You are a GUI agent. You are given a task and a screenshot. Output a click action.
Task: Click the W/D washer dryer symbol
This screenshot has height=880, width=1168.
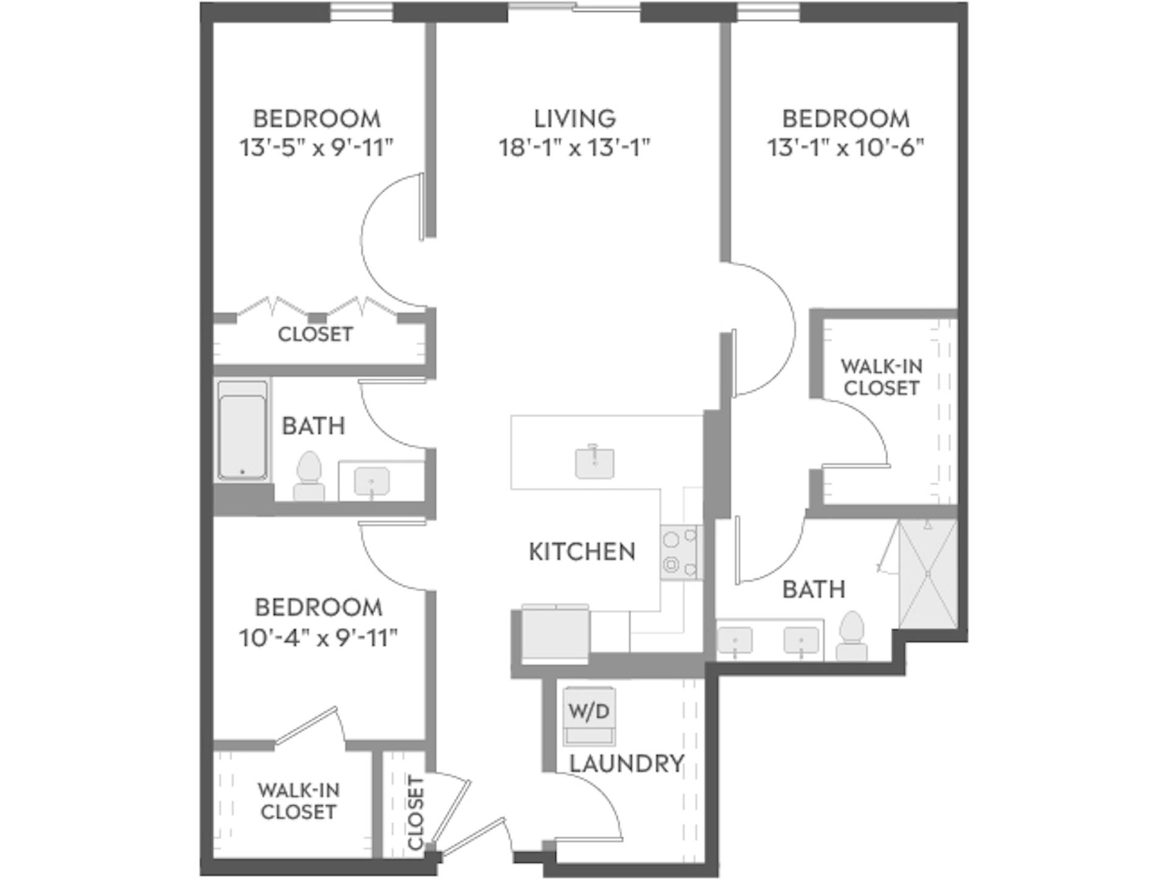(588, 715)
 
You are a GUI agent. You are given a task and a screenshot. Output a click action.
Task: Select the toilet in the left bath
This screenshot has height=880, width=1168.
(309, 476)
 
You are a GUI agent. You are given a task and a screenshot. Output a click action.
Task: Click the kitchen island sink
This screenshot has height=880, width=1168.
(594, 462)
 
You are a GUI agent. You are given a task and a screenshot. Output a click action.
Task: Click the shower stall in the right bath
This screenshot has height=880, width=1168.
(928, 573)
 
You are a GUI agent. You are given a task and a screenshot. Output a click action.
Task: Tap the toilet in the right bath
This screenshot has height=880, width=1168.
(851, 636)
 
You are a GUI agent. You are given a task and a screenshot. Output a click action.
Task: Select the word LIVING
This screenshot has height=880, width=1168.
(575, 119)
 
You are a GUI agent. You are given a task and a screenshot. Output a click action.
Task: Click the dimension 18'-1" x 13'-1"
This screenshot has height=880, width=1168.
(575, 148)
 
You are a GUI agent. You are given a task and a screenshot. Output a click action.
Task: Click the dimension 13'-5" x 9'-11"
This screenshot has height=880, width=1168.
(316, 148)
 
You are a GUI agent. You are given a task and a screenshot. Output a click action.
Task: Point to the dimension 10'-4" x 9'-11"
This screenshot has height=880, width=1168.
(318, 638)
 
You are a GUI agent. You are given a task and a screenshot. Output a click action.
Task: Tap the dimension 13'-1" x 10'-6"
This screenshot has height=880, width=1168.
(846, 148)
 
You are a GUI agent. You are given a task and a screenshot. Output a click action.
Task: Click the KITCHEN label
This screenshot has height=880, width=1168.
(582, 552)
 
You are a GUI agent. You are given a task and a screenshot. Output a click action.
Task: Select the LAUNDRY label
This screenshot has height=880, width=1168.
(627, 763)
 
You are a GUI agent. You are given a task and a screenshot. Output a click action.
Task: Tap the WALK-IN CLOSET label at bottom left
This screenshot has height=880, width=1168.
(298, 800)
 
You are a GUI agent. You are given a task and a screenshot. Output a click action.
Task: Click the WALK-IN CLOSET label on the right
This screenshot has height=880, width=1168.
(881, 377)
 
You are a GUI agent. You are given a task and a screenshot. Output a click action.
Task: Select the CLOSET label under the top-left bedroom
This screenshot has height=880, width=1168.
(315, 334)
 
